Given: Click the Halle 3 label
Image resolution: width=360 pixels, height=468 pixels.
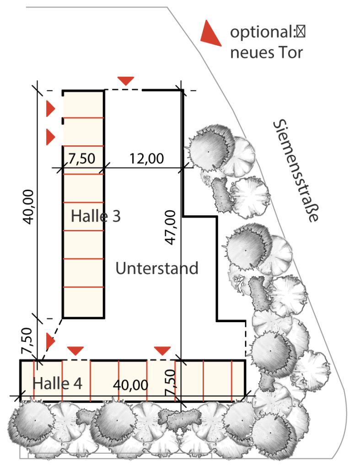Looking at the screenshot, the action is [x=96, y=216].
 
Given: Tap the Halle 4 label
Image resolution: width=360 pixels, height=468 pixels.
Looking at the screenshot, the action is [x=57, y=383].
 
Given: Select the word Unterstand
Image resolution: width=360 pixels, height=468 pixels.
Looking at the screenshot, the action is [x=157, y=268].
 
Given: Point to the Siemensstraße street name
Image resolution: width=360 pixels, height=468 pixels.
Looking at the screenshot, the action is [x=296, y=171].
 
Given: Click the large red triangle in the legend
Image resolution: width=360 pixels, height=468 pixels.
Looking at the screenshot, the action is [x=210, y=33].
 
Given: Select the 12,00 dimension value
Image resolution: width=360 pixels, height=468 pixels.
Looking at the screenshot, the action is [x=146, y=159].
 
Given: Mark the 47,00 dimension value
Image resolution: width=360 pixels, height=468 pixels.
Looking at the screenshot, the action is [x=171, y=227].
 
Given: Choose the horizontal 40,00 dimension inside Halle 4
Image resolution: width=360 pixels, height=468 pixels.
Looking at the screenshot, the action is [x=130, y=385].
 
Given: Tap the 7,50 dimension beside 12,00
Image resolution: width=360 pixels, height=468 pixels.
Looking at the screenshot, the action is [x=81, y=159].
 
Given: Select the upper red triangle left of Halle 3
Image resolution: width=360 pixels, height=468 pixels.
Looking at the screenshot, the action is [x=50, y=109].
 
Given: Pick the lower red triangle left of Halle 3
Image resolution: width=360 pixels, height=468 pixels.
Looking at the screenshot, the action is [x=50, y=137].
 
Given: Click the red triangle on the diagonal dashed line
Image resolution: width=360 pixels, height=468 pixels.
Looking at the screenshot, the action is [x=50, y=341].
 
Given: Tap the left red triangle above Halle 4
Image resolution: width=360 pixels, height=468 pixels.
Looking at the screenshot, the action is [x=75, y=351].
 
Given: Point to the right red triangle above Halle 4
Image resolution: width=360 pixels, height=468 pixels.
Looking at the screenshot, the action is [x=162, y=351].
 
